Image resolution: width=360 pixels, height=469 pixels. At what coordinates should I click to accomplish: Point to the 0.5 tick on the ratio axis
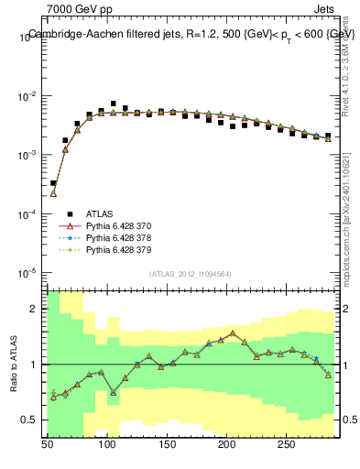[x=32, y=420]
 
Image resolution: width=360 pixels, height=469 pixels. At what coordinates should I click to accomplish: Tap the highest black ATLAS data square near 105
[x=114, y=104]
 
